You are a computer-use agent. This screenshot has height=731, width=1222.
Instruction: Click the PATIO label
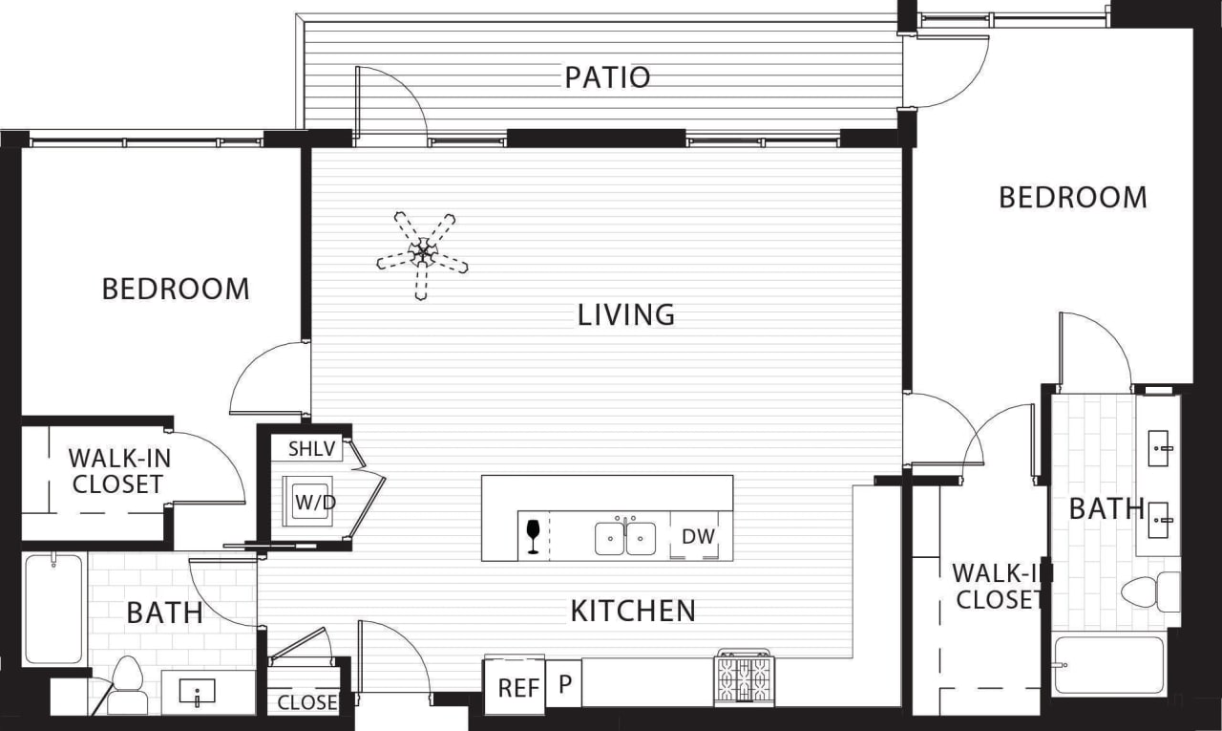(607, 77)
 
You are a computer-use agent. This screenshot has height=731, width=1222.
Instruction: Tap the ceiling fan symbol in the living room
(422, 254)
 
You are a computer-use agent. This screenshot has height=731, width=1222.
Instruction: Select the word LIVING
(626, 314)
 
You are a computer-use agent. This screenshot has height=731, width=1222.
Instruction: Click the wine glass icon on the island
(533, 535)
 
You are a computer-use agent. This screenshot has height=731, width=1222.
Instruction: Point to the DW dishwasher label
(699, 536)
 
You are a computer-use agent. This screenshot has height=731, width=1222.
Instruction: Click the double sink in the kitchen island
(625, 538)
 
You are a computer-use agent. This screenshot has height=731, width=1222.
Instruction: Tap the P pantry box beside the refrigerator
(564, 685)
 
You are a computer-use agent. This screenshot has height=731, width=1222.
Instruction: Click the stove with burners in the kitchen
(744, 679)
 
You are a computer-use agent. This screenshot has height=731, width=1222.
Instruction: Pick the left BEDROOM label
(176, 289)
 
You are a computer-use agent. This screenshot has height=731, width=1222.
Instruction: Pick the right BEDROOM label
(1072, 198)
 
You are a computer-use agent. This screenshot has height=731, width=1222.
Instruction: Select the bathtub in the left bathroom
(53, 608)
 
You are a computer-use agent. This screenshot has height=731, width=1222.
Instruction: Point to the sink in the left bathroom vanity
(198, 693)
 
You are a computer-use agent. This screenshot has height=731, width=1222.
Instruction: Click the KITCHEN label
(633, 611)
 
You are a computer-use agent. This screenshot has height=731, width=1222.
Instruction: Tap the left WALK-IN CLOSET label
(116, 471)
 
